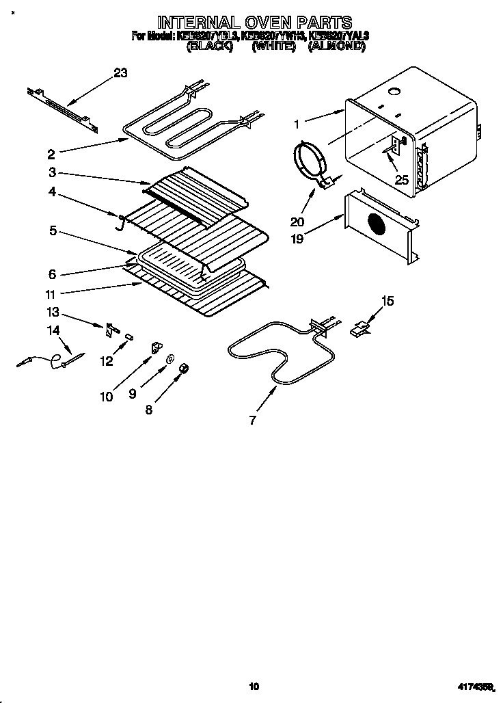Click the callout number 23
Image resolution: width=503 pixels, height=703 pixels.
coord(120,73)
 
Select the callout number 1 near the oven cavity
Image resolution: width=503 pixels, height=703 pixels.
coord(297,124)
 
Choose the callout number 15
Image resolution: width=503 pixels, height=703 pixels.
coord(388,300)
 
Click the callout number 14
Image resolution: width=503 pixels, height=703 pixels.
coord(53,330)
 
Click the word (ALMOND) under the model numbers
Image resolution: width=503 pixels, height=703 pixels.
coord(336,47)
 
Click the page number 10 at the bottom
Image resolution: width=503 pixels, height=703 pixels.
coord(254,686)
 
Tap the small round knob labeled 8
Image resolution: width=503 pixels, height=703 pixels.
coord(183,370)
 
